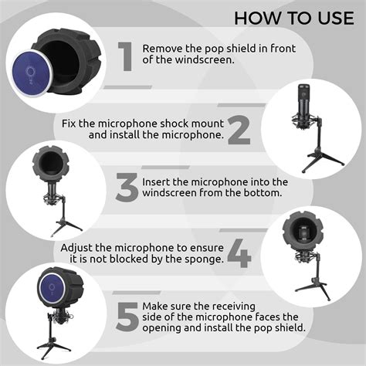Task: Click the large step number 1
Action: click(125, 57)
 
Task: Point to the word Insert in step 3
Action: click(158, 182)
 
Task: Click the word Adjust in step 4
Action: click(79, 247)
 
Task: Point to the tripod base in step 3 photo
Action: click(66, 223)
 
